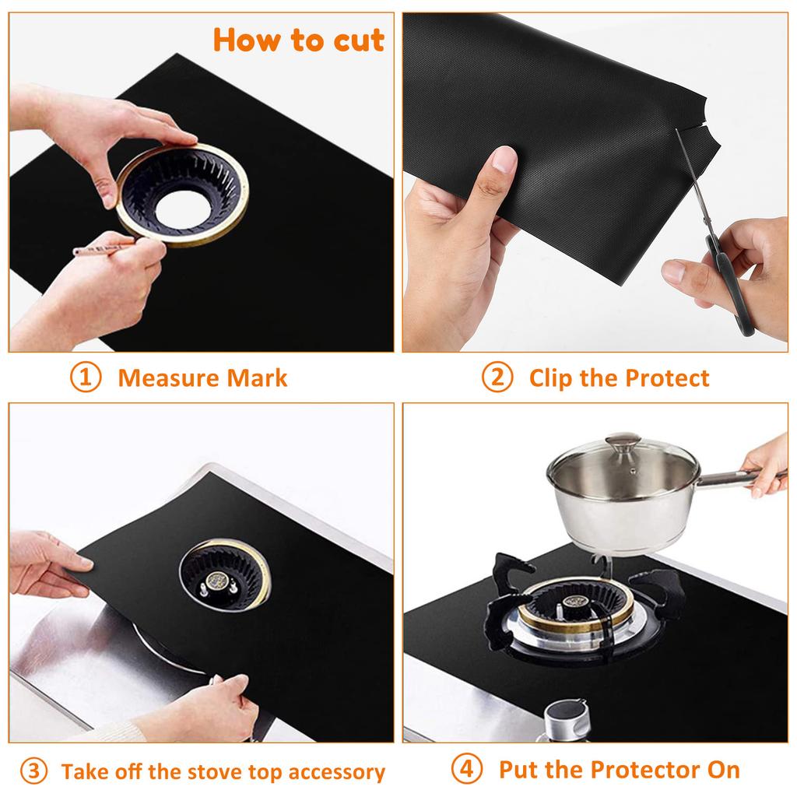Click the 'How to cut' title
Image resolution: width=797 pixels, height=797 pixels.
(299, 39)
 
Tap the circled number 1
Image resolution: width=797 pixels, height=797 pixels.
(86, 378)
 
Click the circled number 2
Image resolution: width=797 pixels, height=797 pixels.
(497, 378)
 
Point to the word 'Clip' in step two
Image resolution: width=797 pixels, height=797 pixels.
(551, 379)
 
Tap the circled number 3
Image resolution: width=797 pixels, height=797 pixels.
(33, 771)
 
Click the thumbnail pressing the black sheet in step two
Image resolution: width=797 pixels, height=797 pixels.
(504, 160)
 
